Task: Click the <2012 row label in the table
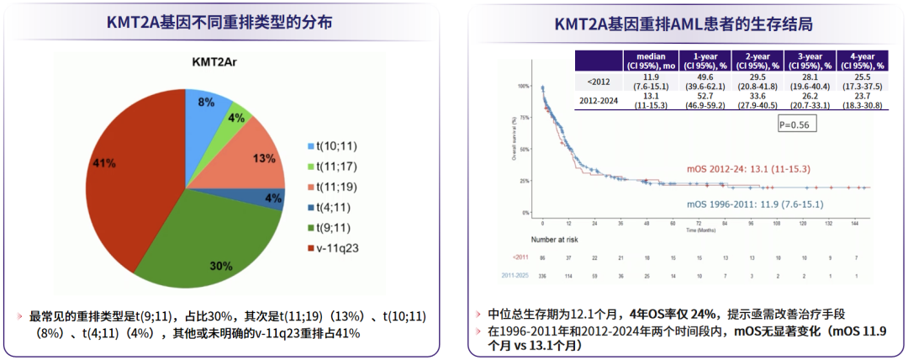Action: [x=600, y=82]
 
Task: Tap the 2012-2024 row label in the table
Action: [x=599, y=100]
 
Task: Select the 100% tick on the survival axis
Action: [x=525, y=87]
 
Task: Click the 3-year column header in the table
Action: [x=810, y=61]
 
